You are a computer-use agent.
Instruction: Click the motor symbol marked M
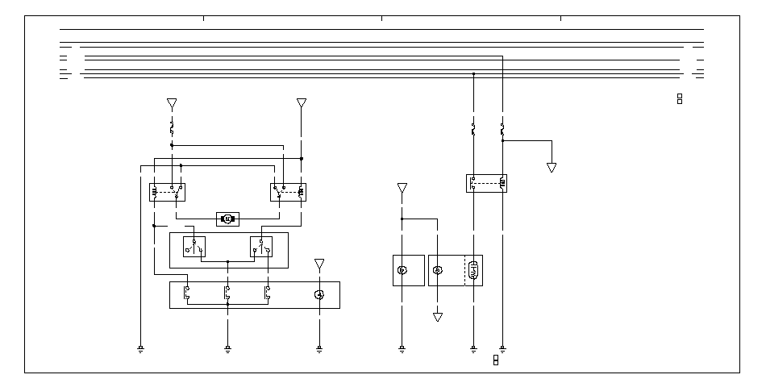point(227,219)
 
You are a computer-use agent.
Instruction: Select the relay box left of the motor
point(167,192)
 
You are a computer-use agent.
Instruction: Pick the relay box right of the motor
point(286,192)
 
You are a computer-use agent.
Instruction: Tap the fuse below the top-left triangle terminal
point(172,127)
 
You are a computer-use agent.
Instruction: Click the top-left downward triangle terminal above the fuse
point(172,104)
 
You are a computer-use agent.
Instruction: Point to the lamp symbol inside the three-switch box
point(319,295)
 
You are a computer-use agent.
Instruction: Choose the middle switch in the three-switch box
point(227,294)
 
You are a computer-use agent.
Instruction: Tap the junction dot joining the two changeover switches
point(227,261)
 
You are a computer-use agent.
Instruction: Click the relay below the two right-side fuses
point(486,183)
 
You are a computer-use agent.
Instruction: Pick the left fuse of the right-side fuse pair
point(473,128)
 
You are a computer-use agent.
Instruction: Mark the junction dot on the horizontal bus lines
point(473,73)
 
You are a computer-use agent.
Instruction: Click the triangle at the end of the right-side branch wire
point(552,168)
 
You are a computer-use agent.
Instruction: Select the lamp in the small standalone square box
point(402,270)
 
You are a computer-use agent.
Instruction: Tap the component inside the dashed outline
point(474,270)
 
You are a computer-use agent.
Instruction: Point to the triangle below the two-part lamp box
point(438,317)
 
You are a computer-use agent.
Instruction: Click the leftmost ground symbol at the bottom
point(141,349)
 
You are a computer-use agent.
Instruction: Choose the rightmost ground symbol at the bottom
point(502,349)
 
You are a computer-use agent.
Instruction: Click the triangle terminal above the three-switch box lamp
point(319,264)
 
